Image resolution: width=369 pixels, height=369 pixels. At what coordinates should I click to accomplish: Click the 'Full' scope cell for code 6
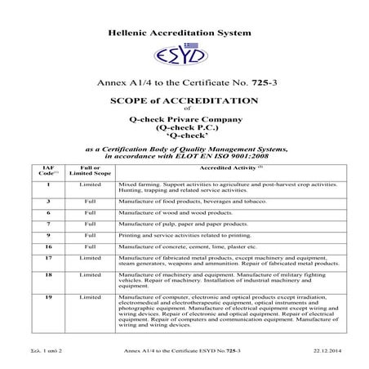tap(91, 211)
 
